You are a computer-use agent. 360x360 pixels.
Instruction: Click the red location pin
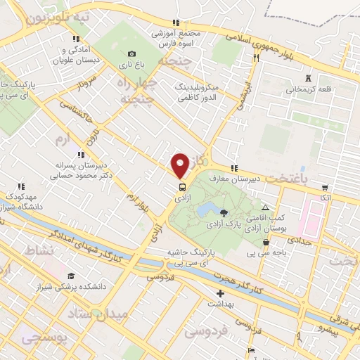point(181,165)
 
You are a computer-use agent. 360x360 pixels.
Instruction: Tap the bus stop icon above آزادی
point(182,188)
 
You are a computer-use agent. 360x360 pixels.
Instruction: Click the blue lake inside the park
point(206,210)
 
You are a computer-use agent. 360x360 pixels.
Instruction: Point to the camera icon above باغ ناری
point(131,54)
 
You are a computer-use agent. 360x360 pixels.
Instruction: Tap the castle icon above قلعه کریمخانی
point(309,79)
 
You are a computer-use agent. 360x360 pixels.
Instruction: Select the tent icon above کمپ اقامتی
point(265,208)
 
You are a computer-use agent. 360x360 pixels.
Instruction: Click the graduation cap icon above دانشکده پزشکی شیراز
point(71,275)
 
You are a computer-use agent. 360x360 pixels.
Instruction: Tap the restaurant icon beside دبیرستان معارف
point(234,168)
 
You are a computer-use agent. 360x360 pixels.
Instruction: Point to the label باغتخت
point(288,179)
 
